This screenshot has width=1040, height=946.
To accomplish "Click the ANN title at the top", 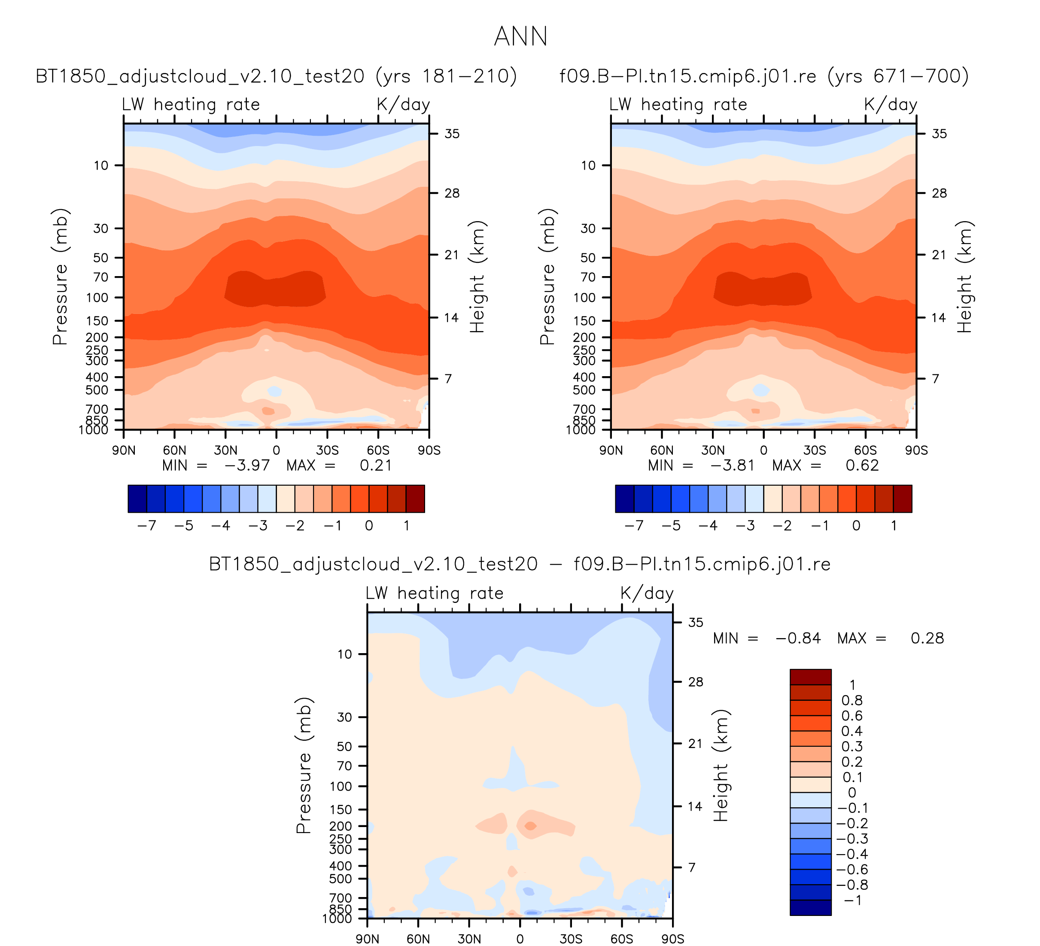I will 520,37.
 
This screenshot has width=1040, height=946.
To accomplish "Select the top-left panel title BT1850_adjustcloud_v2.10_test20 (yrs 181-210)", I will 276,76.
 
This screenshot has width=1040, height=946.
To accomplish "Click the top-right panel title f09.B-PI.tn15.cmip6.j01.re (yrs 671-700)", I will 764,76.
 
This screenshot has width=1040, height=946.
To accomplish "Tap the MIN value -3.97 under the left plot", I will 247,466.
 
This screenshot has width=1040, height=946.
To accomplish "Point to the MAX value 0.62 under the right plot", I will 862,466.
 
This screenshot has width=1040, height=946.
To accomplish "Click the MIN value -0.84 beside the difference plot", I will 798,639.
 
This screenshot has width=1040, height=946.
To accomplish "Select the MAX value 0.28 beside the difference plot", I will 927,639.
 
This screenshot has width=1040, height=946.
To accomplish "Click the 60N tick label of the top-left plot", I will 174,451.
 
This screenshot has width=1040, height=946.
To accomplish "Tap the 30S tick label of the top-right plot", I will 815,451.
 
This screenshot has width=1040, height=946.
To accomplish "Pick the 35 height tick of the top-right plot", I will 940,134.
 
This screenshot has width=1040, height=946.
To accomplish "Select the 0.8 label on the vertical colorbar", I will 851,700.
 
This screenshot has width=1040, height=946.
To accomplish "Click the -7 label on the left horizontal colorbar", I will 147,526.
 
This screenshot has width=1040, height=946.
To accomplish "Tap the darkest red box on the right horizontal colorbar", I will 902,499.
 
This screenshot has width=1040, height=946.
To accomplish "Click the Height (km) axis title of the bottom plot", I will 721,766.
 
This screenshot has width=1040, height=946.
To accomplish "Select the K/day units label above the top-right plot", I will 891,105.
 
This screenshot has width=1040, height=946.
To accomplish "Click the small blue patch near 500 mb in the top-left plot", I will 274,392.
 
